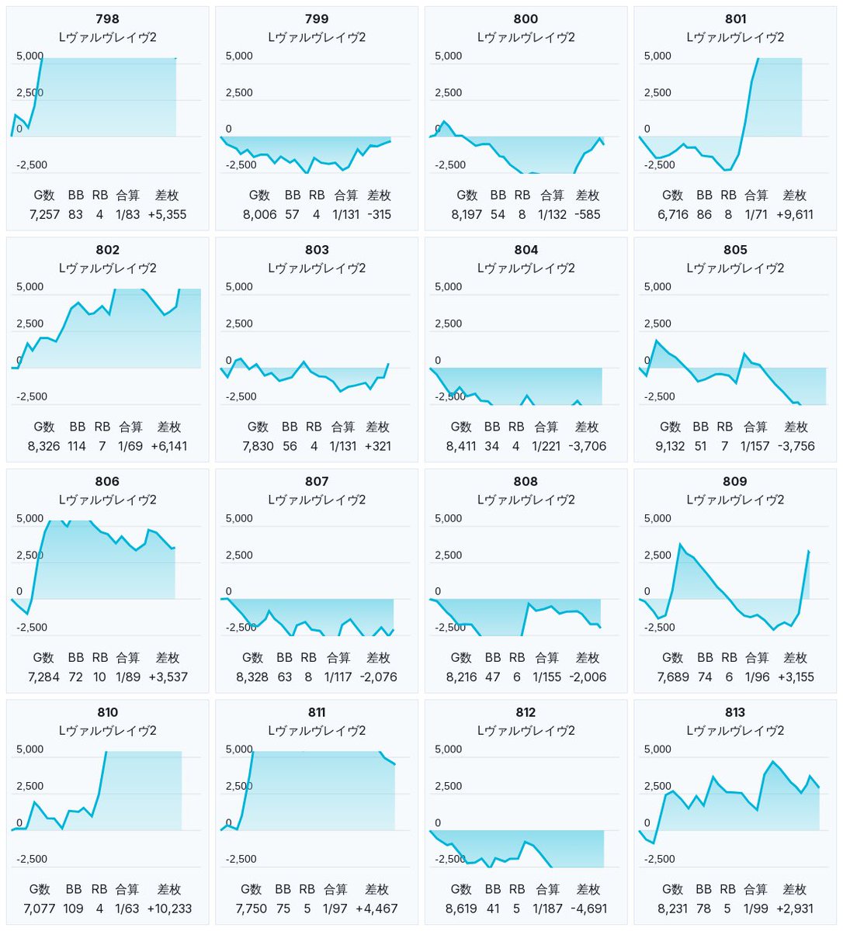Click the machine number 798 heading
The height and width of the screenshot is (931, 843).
click(x=108, y=19)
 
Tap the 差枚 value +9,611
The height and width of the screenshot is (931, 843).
click(x=794, y=215)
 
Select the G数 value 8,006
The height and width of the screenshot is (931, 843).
click(x=259, y=215)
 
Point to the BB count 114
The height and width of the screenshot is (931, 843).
click(x=77, y=446)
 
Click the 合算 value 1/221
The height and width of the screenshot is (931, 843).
click(x=546, y=446)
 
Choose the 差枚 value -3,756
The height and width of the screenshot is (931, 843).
click(x=796, y=446)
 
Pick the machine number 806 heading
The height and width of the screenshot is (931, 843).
click(x=108, y=481)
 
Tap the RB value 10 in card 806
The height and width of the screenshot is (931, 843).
click(x=99, y=677)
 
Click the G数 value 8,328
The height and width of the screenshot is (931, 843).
click(x=252, y=677)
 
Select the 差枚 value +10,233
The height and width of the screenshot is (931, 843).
click(x=169, y=909)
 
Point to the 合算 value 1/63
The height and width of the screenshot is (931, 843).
click(x=127, y=909)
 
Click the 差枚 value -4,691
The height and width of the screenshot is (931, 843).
click(x=588, y=909)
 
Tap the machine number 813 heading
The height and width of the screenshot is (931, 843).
click(x=735, y=712)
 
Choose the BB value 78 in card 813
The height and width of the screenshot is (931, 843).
click(x=703, y=909)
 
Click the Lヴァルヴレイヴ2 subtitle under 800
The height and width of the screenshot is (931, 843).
click(x=526, y=37)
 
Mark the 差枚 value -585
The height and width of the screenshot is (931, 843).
click(x=588, y=215)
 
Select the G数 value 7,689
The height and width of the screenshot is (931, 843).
click(x=672, y=677)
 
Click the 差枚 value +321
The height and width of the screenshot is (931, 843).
click(x=377, y=446)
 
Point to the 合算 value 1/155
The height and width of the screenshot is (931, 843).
click(x=546, y=677)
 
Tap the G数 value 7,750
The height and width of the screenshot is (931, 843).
click(x=251, y=909)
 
